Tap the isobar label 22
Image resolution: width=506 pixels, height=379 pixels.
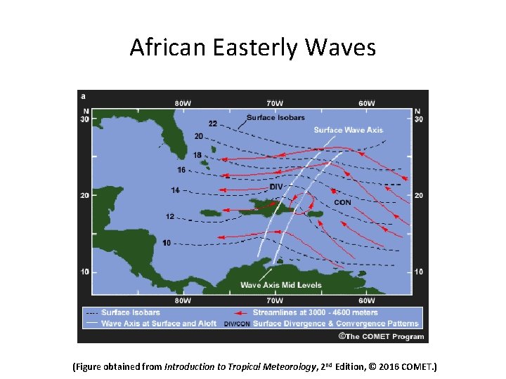(212, 124)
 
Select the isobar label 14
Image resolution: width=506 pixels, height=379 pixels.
(176, 190)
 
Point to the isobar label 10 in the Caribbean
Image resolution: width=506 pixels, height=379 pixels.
(167, 243)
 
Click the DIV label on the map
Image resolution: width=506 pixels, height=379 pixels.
(276, 186)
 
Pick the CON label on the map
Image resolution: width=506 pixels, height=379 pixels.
(342, 202)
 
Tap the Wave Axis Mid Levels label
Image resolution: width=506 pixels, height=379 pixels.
(281, 285)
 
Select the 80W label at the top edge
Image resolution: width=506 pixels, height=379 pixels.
(183, 103)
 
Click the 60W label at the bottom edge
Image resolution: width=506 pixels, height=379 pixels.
(366, 300)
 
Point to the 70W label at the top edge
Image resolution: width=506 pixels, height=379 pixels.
(275, 103)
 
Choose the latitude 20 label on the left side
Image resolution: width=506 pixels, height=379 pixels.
(85, 195)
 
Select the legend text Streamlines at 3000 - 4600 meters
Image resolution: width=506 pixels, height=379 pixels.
(316, 312)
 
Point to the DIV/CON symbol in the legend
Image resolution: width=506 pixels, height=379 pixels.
(236, 324)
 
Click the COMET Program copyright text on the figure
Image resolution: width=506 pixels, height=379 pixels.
(382, 336)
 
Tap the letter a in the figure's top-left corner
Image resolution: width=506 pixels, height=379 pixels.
(84, 95)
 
